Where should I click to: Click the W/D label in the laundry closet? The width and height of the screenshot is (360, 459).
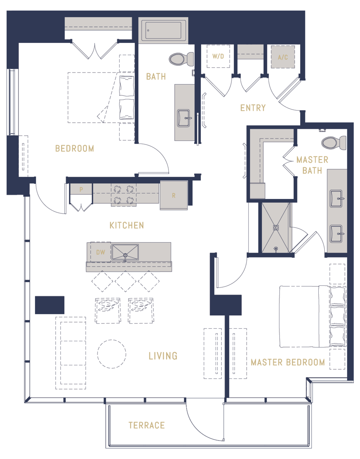218,56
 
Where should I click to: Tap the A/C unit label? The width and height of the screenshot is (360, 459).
283,57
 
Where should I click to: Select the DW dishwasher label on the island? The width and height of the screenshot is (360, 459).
101,252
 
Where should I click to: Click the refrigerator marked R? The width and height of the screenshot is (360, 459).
174,195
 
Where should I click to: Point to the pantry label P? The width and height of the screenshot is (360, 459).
81,190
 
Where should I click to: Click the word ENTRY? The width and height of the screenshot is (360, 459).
253,108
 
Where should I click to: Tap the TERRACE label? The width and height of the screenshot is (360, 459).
147,425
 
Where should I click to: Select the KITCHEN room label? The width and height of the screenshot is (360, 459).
127,225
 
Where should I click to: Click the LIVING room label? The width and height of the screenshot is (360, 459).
163,356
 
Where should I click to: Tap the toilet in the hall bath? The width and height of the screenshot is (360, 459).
181,59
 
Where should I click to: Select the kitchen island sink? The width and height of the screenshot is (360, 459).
125,252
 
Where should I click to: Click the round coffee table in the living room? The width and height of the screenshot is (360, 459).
112,354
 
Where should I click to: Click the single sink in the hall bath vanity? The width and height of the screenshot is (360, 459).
184,118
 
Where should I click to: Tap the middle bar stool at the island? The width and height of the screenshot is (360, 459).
126,281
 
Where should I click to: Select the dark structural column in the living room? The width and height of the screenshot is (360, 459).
50,305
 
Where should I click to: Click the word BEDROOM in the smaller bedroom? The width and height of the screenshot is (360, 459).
75,148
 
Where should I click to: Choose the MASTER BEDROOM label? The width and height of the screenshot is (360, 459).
288,362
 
